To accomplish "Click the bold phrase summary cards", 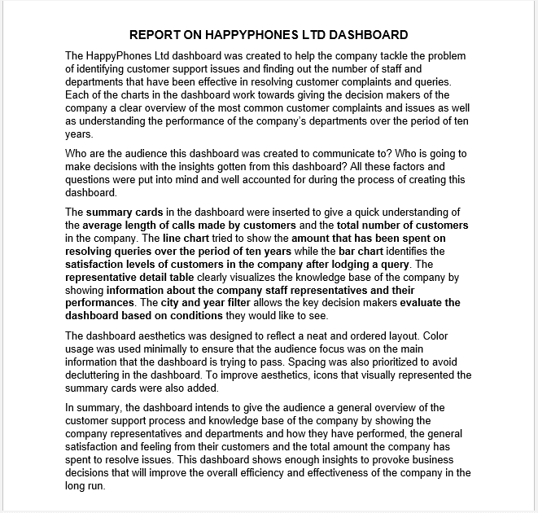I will coord(122,213).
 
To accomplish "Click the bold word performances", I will coord(100,303).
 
